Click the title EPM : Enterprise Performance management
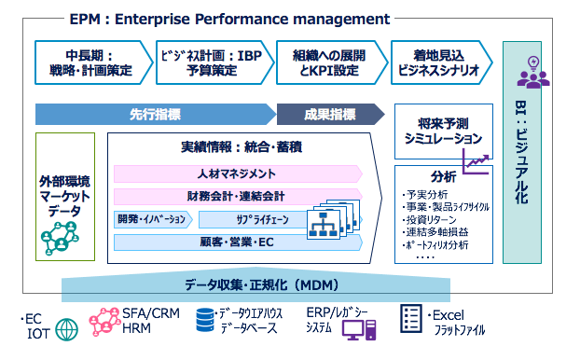[x=228, y=19]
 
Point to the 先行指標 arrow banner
[x=155, y=115]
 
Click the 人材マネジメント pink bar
[x=237, y=173]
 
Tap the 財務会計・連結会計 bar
[x=237, y=197]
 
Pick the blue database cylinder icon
[x=204, y=322]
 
